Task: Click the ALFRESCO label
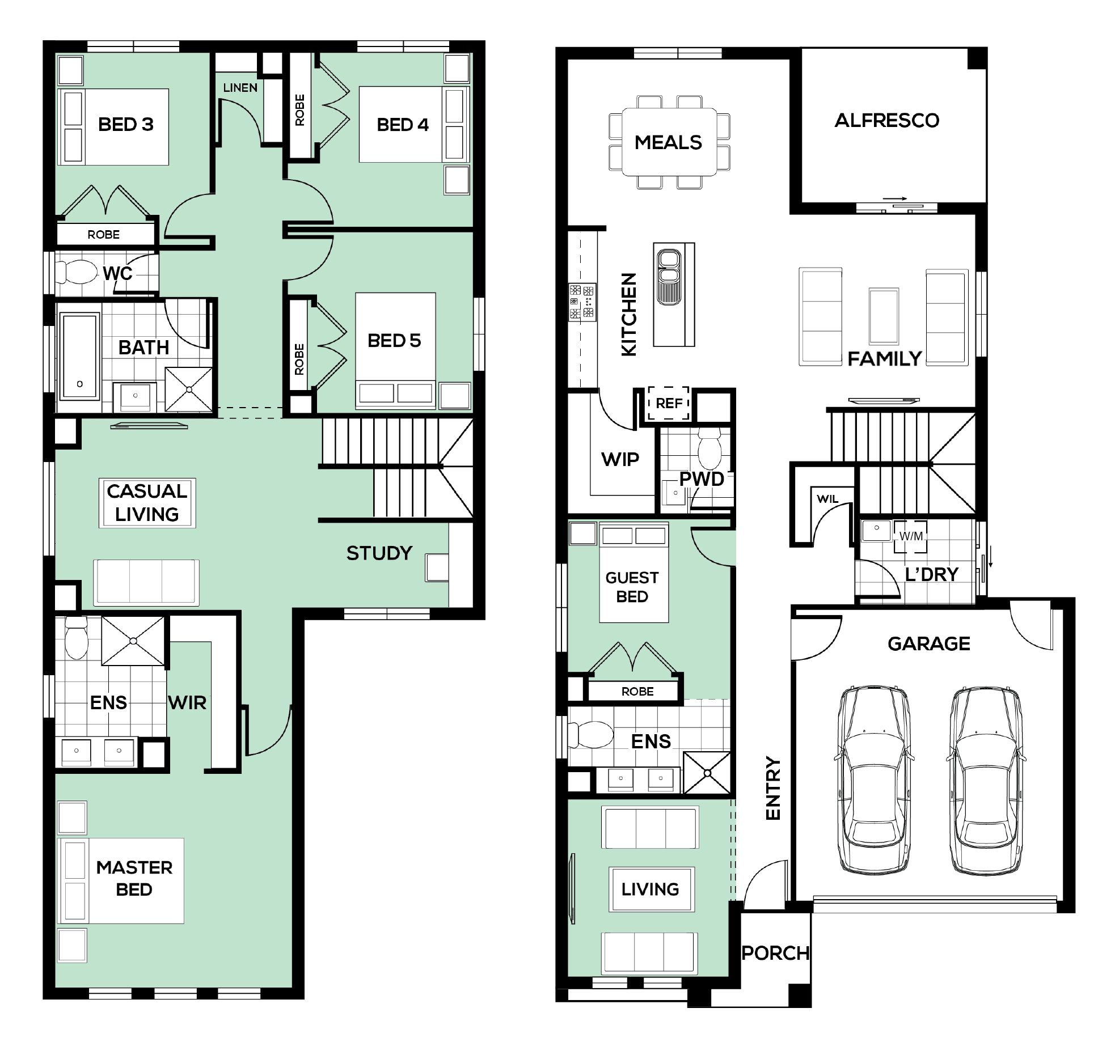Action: click(x=886, y=120)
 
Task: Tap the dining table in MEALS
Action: click(x=669, y=142)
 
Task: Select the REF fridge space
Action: click(x=669, y=403)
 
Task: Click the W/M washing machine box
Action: click(x=911, y=536)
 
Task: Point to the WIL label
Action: click(x=827, y=499)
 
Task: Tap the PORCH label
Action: click(x=775, y=953)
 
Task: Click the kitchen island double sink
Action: click(x=669, y=277)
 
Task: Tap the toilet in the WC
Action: click(x=78, y=273)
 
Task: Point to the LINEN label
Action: click(x=240, y=88)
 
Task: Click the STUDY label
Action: click(x=379, y=553)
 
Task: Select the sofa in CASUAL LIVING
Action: click(x=146, y=581)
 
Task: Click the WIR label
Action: click(x=187, y=702)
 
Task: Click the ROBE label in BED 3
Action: click(x=103, y=235)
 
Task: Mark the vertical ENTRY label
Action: click(x=773, y=787)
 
